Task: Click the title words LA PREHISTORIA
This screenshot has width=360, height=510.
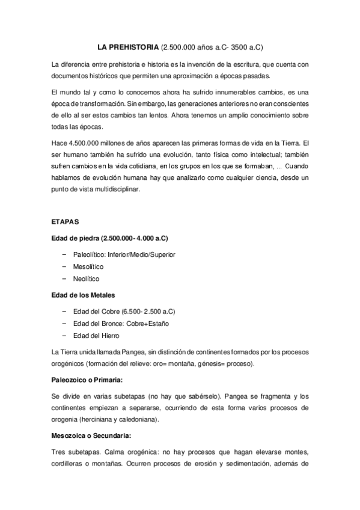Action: click(x=129, y=47)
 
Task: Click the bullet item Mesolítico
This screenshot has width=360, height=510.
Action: click(x=88, y=266)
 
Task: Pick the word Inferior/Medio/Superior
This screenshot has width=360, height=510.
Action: click(x=142, y=254)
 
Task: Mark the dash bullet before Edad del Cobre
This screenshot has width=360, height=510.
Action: click(x=65, y=311)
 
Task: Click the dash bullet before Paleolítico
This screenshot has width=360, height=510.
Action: click(x=65, y=254)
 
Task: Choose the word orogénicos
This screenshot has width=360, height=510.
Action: click(x=69, y=364)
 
